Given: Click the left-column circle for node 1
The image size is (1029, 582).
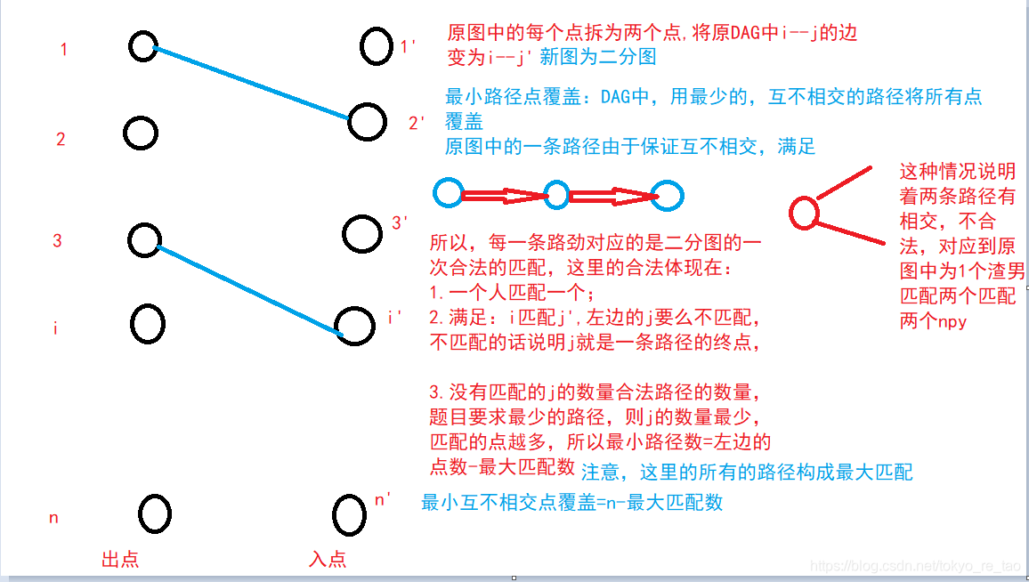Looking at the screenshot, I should coord(142,45).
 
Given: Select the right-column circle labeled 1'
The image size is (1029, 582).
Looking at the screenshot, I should coord(377,45).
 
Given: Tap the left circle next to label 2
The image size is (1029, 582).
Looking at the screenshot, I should coord(141,133).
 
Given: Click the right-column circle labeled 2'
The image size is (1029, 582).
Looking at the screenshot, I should coord(366,122).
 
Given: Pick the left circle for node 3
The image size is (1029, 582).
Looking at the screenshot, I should coord(143,239).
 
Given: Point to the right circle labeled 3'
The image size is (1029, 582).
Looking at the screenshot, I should coord(362,233).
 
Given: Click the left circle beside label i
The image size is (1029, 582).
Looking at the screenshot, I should coord(147,324).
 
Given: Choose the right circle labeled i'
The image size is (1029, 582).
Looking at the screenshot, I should coord(354,326).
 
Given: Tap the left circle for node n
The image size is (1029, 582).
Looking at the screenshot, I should coord(155,513).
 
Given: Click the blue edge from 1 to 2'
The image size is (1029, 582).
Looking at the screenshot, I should coord(251,82).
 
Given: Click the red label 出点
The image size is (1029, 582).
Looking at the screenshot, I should coord(121,559).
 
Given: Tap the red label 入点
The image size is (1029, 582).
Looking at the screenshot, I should coord(328,559).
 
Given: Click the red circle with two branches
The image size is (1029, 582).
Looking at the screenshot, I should coord(804,213).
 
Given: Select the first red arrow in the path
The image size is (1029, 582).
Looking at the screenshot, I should coord(502,195).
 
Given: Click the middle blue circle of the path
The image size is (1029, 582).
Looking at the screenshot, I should coord(556,195).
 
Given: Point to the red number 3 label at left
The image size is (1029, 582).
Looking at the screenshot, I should coord(58,240).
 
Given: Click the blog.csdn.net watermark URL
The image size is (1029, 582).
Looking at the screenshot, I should coord(918,566).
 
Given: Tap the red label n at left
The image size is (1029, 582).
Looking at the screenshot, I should coord(53,517).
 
